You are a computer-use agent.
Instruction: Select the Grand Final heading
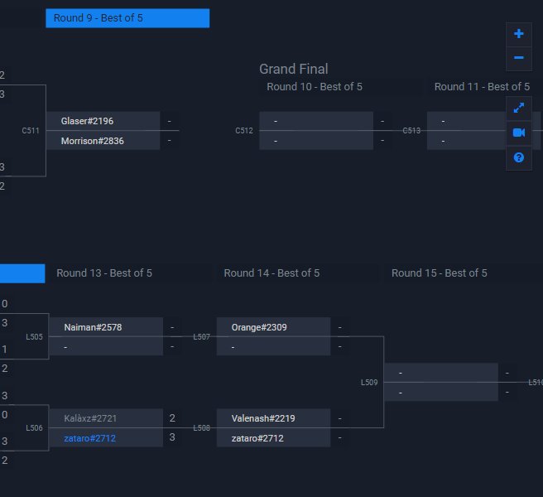click(294, 70)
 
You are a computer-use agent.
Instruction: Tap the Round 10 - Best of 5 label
click(315, 87)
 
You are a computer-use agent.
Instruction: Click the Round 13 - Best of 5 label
click(104, 273)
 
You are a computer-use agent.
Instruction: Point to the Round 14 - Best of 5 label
click(271, 273)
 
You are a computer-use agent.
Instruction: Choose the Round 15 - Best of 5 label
click(440, 273)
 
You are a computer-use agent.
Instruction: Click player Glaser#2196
click(87, 121)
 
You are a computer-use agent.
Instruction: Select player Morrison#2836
click(92, 141)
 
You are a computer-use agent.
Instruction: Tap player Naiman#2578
click(93, 327)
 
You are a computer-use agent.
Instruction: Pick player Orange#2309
click(259, 327)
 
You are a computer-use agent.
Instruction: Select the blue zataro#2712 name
click(90, 438)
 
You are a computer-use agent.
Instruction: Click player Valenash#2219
click(263, 418)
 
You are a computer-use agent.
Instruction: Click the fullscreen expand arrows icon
click(519, 108)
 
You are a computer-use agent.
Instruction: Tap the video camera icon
click(519, 133)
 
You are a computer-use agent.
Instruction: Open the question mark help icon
click(519, 157)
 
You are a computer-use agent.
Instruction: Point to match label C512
click(243, 131)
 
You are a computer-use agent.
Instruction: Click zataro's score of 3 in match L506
click(172, 437)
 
